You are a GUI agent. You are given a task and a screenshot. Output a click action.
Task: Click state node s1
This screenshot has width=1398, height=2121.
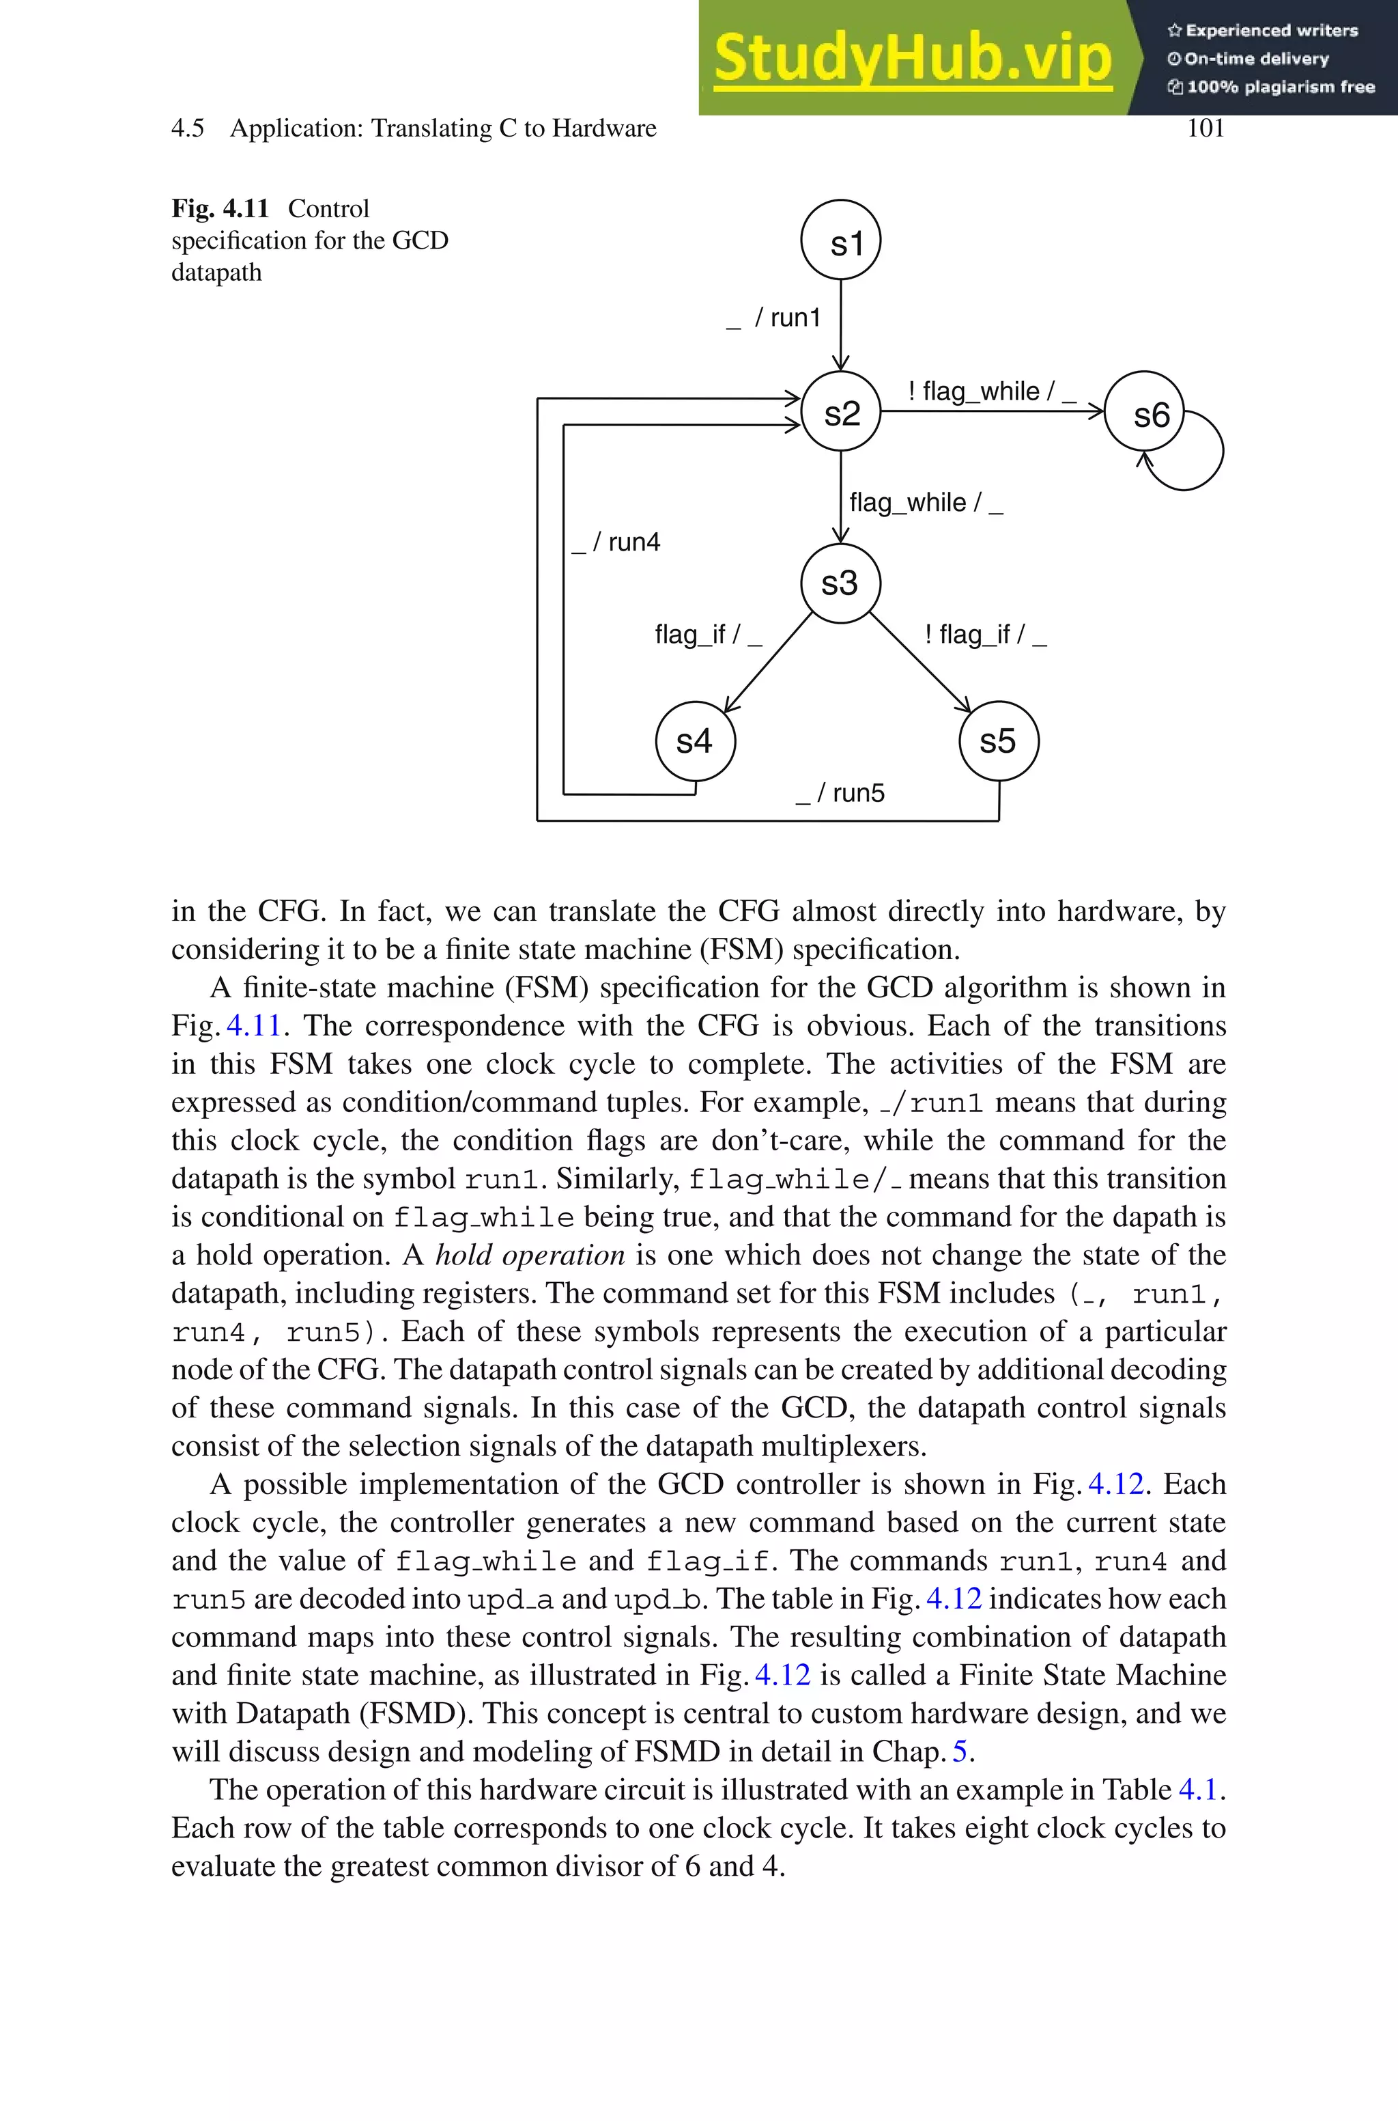click(841, 240)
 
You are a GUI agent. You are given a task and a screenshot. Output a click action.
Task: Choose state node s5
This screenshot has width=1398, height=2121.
click(999, 741)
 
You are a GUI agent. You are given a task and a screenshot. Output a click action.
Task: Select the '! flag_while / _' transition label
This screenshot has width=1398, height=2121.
click(991, 391)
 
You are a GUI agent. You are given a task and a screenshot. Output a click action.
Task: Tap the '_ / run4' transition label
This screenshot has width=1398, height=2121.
click(616, 542)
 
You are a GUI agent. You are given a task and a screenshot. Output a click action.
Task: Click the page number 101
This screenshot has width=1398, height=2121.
click(1206, 128)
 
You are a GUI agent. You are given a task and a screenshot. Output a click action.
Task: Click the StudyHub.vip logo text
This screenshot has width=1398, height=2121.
click(912, 59)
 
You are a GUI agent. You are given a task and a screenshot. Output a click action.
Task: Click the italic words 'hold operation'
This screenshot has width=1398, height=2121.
click(530, 1255)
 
